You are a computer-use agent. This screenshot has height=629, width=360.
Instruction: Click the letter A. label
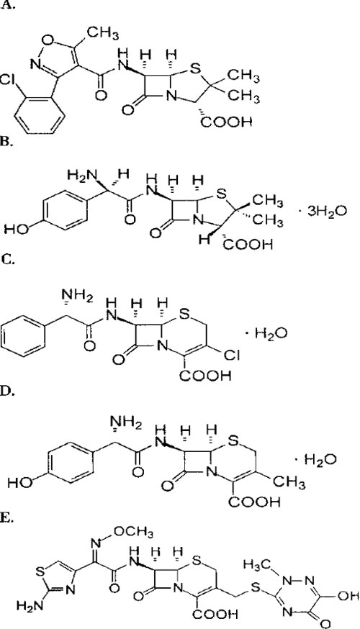click(x=8, y=6)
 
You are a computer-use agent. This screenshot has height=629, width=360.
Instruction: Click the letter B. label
click(x=8, y=142)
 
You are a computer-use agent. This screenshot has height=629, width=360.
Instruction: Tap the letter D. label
click(x=9, y=392)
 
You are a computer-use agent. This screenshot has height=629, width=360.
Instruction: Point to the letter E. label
click(x=8, y=520)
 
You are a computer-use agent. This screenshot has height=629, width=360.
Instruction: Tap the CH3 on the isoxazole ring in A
click(x=104, y=33)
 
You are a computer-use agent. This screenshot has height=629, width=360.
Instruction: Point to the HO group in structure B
click(x=16, y=230)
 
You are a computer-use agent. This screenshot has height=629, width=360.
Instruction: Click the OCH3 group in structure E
click(x=133, y=533)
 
